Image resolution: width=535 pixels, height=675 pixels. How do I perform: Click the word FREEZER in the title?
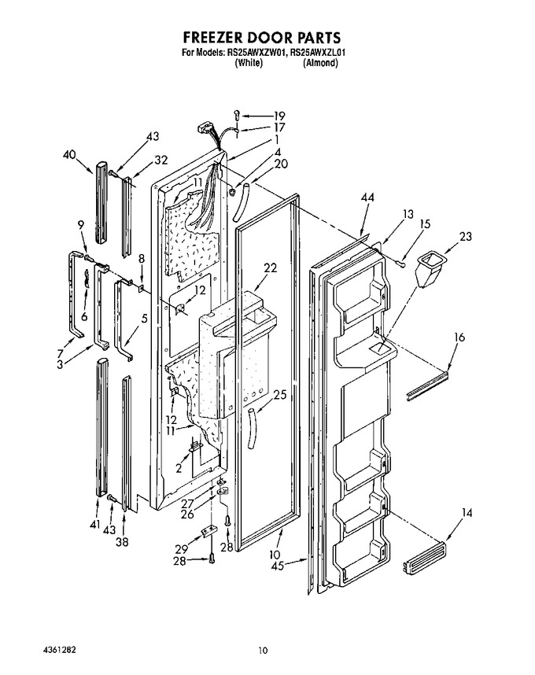tap(215, 38)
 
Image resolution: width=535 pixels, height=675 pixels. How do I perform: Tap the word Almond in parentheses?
tap(320, 63)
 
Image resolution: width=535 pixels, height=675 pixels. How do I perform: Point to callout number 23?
tap(465, 236)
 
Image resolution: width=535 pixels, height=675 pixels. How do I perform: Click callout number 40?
tap(69, 155)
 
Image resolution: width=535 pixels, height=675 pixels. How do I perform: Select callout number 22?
tap(271, 267)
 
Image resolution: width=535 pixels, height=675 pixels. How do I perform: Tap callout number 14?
tap(467, 513)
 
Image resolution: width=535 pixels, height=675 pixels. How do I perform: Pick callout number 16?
tap(459, 337)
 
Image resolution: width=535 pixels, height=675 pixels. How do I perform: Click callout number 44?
tap(367, 197)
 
